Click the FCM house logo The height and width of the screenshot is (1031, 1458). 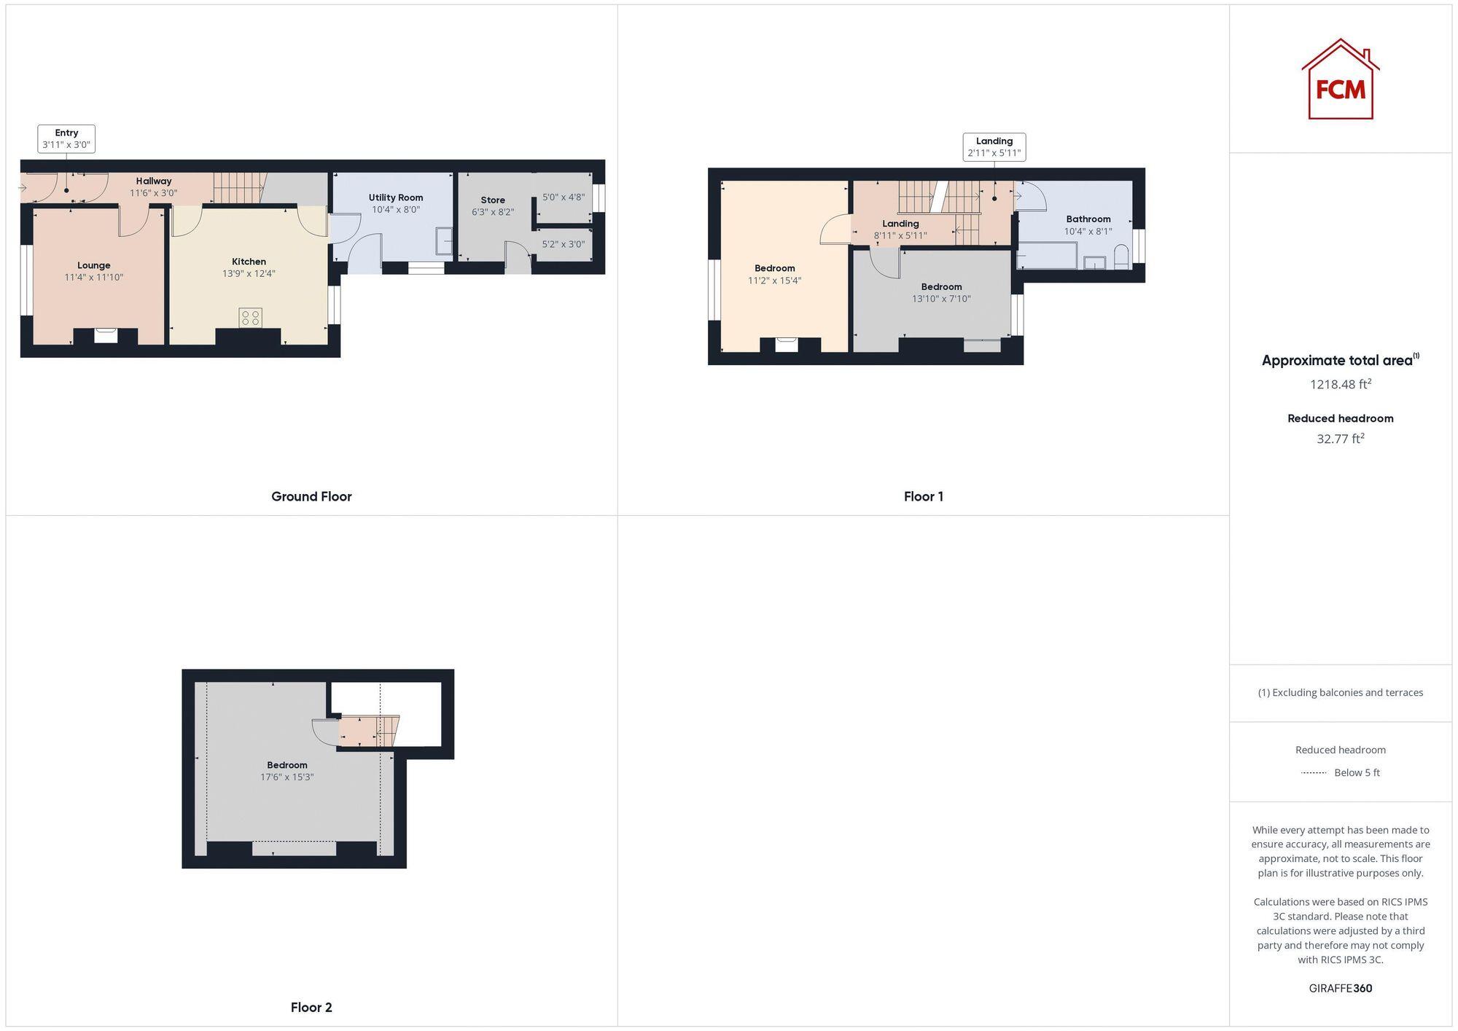point(1340,80)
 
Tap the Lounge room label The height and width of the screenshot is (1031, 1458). point(94,266)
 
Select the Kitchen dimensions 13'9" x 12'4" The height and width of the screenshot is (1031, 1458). point(249,274)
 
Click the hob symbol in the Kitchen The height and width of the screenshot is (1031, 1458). point(250,318)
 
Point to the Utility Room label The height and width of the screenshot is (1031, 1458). point(396,197)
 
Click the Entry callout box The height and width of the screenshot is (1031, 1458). point(66,138)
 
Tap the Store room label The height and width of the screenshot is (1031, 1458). point(493,200)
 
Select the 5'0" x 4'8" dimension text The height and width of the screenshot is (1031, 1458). point(564,197)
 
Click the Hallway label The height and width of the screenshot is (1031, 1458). point(154,181)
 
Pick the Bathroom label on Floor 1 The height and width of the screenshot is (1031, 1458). point(1088,219)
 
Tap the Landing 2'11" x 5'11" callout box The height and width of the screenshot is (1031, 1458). point(994,147)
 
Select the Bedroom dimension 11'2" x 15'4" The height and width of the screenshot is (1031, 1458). point(774,281)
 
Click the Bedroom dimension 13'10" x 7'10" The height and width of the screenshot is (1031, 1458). point(941,299)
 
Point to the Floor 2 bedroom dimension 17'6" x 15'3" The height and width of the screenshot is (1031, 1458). point(286,777)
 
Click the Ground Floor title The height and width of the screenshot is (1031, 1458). point(311,497)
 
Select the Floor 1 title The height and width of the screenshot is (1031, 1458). point(923,497)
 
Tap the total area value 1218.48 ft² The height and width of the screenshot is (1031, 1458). point(1340,384)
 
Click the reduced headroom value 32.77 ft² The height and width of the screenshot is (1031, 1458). point(1340,439)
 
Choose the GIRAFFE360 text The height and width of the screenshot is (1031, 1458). point(1340,989)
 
